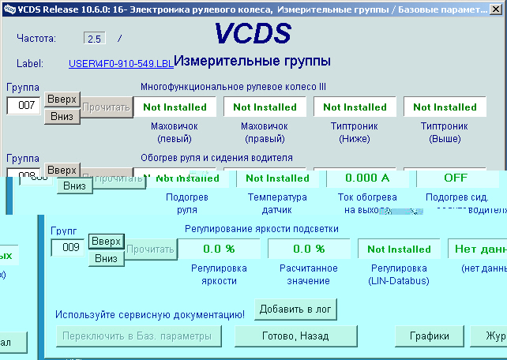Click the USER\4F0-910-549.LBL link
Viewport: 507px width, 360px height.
[120, 63]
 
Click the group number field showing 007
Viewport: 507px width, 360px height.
[23, 106]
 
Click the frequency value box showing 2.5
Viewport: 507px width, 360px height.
[94, 38]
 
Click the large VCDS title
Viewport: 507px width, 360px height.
[253, 34]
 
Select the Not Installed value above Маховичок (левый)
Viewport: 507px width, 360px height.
[175, 107]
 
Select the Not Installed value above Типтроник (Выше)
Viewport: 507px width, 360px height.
[445, 107]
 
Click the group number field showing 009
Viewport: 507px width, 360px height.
[67, 248]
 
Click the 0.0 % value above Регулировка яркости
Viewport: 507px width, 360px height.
[219, 249]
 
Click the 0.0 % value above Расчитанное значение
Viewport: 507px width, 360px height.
[309, 249]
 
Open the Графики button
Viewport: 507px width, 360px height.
[429, 336]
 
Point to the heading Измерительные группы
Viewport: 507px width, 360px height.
[252, 61]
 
